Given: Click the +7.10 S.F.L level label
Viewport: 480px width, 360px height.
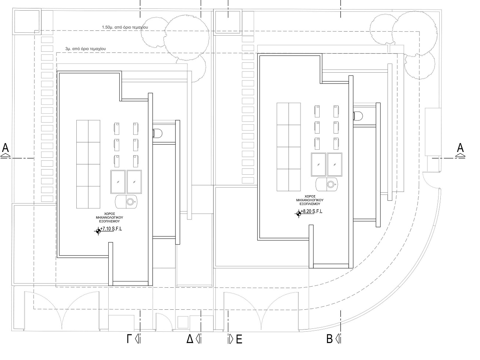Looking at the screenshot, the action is [x=111, y=229].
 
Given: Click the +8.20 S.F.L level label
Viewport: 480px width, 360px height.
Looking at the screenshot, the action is [x=312, y=211].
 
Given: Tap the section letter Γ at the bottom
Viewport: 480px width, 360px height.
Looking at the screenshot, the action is [x=129, y=339].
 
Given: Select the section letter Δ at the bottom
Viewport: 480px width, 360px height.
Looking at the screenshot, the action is [x=190, y=339].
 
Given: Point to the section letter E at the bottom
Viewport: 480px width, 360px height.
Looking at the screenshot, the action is [x=239, y=339].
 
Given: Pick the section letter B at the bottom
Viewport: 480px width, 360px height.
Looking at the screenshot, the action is [x=329, y=339].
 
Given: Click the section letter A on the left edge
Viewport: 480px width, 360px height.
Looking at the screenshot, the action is [x=6, y=148].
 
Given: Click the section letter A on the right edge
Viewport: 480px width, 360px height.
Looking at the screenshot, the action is [x=460, y=148].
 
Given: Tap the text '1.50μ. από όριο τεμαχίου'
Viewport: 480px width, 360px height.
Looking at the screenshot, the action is [x=125, y=27].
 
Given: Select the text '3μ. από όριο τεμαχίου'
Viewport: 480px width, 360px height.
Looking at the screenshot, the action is [x=86, y=49].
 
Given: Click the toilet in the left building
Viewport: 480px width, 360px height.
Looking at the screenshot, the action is [x=157, y=133].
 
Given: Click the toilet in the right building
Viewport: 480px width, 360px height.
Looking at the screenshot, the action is [x=358, y=116].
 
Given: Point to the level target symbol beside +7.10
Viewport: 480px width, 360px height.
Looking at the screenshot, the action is [x=98, y=231].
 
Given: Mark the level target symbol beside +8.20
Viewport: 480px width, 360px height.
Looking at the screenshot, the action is [x=298, y=214].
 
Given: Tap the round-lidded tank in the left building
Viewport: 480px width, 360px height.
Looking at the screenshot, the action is [x=126, y=201].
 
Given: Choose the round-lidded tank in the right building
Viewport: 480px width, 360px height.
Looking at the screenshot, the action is [x=327, y=184].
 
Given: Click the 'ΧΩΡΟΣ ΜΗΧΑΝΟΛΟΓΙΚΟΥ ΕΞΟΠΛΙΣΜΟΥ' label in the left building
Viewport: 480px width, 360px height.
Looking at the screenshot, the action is [x=109, y=218].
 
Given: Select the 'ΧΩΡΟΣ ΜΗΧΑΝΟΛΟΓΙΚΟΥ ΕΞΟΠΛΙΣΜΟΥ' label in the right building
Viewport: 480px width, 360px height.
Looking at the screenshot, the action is [x=310, y=200].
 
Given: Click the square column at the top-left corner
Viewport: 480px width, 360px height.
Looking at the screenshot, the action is [x=26, y=21].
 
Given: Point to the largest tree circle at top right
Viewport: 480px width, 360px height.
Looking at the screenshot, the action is [x=415, y=33].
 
